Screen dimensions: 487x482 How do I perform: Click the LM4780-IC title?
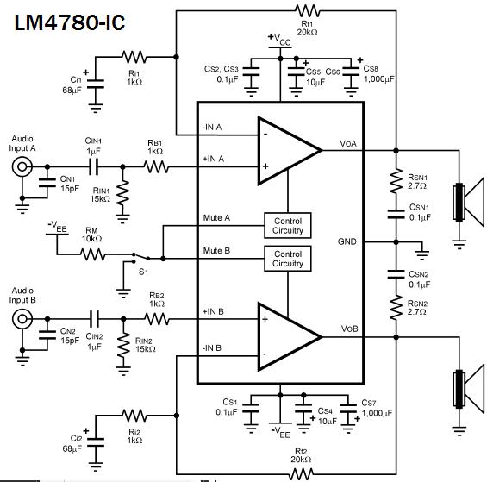(70, 22)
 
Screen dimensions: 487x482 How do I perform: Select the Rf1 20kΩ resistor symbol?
(307, 11)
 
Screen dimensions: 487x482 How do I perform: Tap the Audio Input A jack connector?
(22, 167)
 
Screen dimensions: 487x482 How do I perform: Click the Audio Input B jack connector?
(22, 319)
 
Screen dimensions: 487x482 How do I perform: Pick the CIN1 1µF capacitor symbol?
(93, 167)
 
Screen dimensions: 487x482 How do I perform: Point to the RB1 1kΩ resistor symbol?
(156, 167)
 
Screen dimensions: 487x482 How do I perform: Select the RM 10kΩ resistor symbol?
(92, 254)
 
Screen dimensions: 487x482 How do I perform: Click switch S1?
(141, 257)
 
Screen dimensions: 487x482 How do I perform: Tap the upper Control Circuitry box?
(288, 226)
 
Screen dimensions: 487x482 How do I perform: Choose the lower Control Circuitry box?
(288, 259)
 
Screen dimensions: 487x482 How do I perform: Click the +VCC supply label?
(279, 39)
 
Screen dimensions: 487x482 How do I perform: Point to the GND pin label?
(347, 241)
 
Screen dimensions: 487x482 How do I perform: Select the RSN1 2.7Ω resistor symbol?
(396, 181)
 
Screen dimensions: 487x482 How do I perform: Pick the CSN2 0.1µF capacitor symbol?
(396, 274)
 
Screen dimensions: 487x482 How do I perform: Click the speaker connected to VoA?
(468, 202)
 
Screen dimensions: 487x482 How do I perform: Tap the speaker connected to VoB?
(468, 389)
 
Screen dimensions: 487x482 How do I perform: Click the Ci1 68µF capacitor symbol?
(96, 84)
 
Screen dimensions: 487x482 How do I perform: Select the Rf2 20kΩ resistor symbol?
(301, 474)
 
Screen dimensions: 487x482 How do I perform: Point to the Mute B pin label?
(216, 250)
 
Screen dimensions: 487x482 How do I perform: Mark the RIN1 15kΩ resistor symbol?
(122, 192)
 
